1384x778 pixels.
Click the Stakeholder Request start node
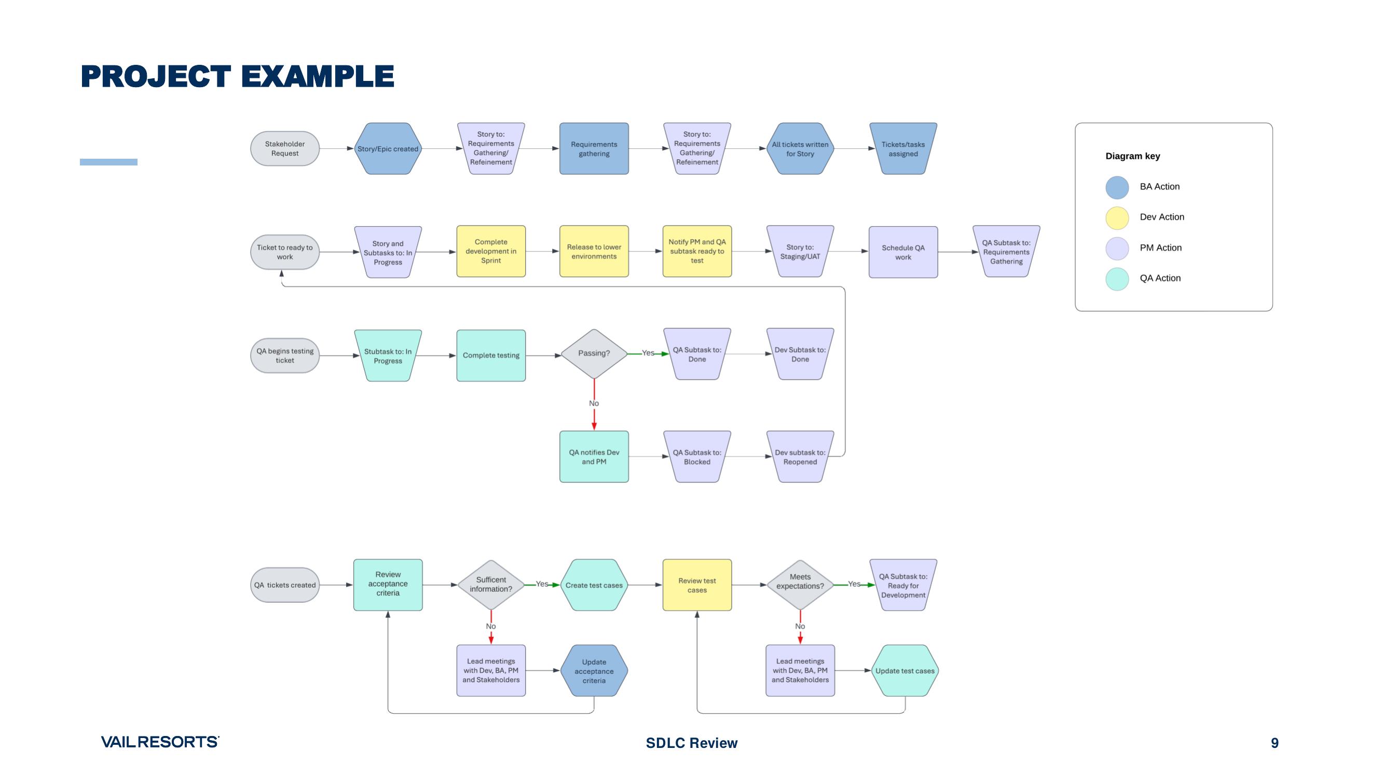[x=285, y=149]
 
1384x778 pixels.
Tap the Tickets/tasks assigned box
[x=902, y=149]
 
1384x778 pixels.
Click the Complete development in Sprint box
[x=490, y=251]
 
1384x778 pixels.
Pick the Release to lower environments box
[x=594, y=251]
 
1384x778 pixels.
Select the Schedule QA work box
[x=902, y=252]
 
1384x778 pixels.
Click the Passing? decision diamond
[x=594, y=353]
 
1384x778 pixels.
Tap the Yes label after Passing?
[x=648, y=353]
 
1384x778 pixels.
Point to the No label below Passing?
[x=594, y=403]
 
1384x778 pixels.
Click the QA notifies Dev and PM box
[x=594, y=456]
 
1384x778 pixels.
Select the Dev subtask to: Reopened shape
[x=800, y=456]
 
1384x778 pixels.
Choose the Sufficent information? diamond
[x=490, y=584]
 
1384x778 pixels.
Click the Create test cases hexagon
[x=594, y=585]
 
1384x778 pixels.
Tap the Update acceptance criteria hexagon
[x=594, y=671]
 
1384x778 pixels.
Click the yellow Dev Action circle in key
[x=1116, y=217]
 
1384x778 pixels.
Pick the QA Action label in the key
[x=1160, y=278]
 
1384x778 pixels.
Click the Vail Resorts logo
[x=159, y=742]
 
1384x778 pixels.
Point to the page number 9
[x=1275, y=743]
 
